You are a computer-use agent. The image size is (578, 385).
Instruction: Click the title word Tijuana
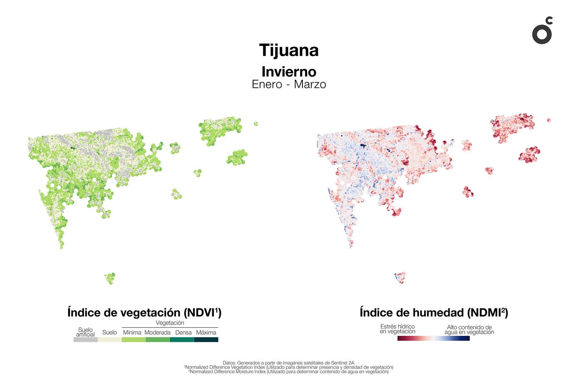pyautogui.click(x=289, y=50)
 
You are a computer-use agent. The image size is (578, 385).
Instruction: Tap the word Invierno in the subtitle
pyautogui.click(x=289, y=72)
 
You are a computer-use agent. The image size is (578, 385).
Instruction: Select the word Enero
pyautogui.click(x=267, y=84)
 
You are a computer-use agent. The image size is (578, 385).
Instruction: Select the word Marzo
pyautogui.click(x=310, y=84)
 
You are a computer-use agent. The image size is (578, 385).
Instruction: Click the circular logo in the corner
pyautogui.click(x=542, y=32)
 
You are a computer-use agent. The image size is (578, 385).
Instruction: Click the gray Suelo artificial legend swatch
pyautogui.click(x=85, y=340)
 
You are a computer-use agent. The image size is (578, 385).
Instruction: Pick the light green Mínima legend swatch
pyautogui.click(x=134, y=340)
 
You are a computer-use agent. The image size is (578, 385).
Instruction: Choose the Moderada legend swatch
pyautogui.click(x=158, y=340)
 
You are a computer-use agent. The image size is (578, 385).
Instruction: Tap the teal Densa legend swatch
pyautogui.click(x=182, y=340)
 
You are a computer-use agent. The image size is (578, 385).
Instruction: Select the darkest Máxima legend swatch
pyautogui.click(x=206, y=340)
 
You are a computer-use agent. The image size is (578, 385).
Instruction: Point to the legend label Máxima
pyautogui.click(x=206, y=333)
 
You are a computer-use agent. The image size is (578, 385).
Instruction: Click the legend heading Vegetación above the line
pyautogui.click(x=170, y=323)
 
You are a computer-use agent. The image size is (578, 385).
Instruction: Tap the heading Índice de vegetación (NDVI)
pyautogui.click(x=144, y=313)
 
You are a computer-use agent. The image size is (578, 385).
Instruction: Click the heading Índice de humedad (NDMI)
pyautogui.click(x=434, y=313)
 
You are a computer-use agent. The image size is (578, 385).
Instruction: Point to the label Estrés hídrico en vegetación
pyautogui.click(x=397, y=329)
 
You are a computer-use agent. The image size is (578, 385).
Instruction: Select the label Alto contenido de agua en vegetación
pyautogui.click(x=469, y=330)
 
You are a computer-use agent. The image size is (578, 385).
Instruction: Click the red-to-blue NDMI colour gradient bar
pyautogui.click(x=433, y=338)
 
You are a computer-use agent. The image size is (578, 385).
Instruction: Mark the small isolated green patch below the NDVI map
pyautogui.click(x=110, y=278)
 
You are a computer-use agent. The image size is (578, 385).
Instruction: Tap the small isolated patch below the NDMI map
pyautogui.click(x=400, y=277)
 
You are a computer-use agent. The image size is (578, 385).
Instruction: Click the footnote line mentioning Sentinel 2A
pyautogui.click(x=288, y=363)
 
